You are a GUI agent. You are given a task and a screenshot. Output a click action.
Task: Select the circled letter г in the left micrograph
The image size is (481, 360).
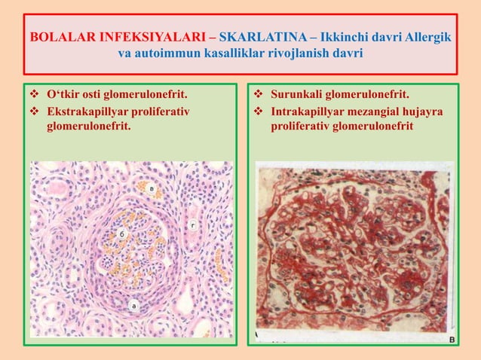click(193, 223)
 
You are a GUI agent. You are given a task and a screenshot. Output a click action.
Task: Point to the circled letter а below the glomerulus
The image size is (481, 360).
click(134, 305)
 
